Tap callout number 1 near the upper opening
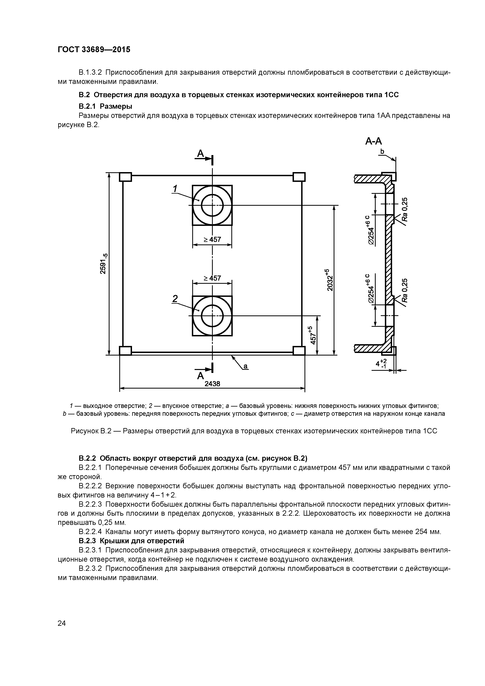point(175,189)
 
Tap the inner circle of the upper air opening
point(212,205)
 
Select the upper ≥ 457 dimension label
point(212,240)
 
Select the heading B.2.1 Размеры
point(105,106)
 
